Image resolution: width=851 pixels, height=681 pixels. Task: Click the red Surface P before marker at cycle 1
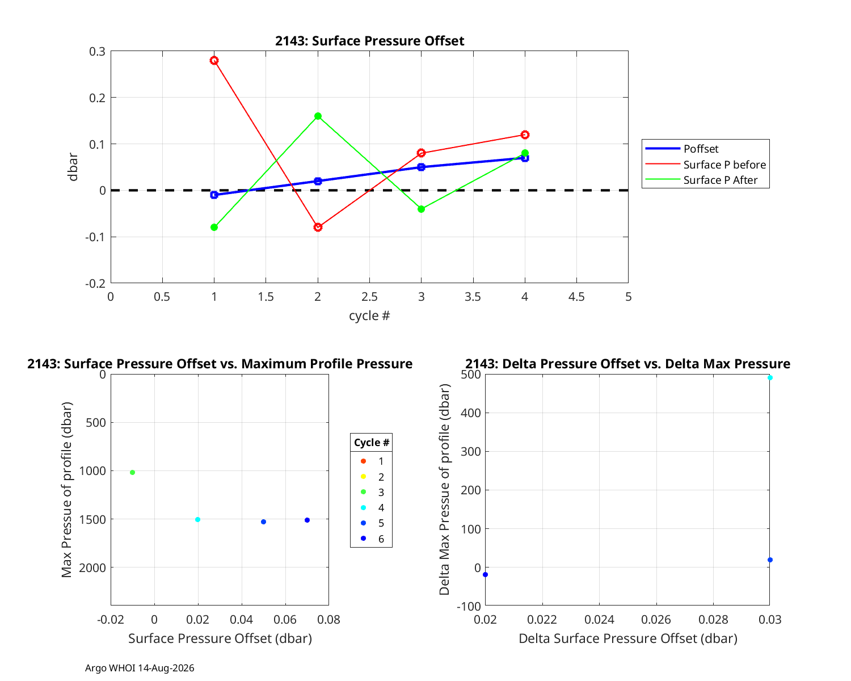214,61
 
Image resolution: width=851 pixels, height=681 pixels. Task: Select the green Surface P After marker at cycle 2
318,116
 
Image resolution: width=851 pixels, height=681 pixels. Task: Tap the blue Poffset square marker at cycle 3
421,167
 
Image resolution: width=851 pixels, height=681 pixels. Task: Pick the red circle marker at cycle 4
525,134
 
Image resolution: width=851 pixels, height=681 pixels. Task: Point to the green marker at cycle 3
421,209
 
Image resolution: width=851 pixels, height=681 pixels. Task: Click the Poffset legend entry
681,148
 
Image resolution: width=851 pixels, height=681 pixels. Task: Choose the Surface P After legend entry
701,180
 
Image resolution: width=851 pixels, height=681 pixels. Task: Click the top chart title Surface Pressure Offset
369,41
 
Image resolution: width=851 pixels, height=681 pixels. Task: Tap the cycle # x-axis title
369,316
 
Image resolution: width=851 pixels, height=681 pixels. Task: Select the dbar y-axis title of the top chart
73,167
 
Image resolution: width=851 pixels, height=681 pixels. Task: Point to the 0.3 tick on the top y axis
97,52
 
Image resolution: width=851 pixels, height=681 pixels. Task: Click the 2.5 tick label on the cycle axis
369,297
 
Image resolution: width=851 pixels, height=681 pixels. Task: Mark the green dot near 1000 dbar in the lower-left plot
133,473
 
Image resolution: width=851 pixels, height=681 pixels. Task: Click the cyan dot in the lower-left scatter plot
198,520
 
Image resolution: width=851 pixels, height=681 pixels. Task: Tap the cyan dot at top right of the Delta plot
770,378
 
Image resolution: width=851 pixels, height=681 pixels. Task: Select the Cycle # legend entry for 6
372,539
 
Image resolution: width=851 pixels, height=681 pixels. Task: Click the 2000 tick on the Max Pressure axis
92,568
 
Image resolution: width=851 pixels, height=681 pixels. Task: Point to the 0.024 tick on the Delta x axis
599,620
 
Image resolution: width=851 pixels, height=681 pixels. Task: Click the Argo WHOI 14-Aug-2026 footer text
140,669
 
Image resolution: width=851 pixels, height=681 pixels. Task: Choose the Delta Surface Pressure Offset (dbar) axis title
628,638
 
